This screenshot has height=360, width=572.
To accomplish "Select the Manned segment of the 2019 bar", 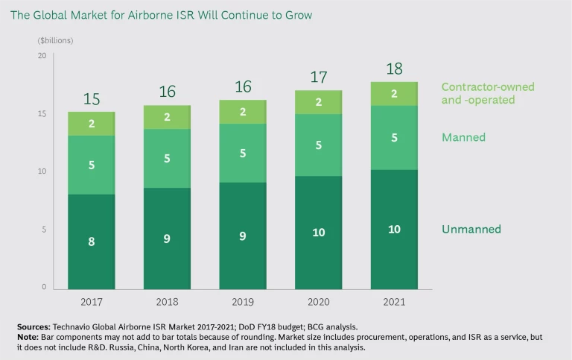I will point(243,153).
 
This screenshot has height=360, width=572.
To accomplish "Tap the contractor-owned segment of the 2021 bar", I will point(395,94).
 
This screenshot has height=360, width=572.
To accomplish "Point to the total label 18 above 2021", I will point(395,69).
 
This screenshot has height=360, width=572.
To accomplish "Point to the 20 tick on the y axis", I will point(42,56).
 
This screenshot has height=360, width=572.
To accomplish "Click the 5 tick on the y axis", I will point(44,230).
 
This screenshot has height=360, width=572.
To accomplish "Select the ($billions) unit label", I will point(55,40).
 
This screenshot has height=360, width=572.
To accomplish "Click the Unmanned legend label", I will point(471,230).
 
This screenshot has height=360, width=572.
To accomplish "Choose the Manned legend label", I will point(463,137).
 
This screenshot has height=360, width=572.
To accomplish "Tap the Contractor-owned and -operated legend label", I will point(488,93).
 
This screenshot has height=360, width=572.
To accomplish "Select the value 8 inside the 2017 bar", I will point(92,241).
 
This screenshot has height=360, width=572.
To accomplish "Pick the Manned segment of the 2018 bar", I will point(168,158).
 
